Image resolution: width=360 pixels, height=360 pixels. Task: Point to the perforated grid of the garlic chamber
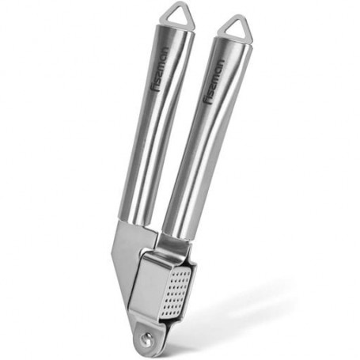176,294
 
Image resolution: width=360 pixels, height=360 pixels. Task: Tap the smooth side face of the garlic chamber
150,286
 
